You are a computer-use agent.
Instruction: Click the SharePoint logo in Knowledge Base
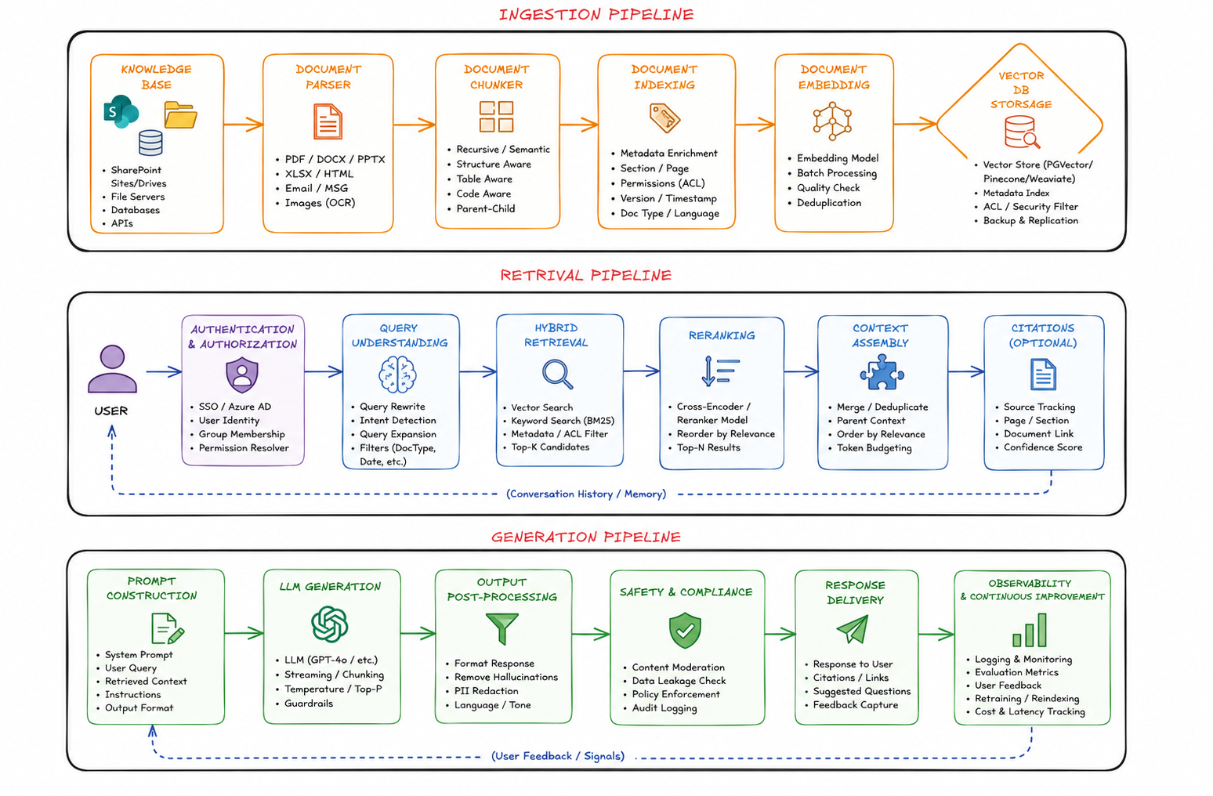(x=121, y=111)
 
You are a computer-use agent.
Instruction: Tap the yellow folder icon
(x=180, y=115)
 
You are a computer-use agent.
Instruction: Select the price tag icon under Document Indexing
(x=664, y=118)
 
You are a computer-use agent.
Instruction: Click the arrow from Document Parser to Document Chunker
(x=415, y=125)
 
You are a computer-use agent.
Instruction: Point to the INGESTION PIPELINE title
(x=596, y=15)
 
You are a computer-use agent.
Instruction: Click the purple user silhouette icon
(x=112, y=369)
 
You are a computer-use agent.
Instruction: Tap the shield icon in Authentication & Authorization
(x=242, y=374)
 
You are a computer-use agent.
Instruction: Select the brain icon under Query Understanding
(x=397, y=374)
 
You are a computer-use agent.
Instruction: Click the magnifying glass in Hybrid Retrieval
(x=557, y=374)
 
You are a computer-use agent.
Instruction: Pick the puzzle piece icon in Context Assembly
(x=882, y=373)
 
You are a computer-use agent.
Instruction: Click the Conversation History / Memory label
(x=586, y=494)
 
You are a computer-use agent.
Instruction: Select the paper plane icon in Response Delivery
(x=853, y=629)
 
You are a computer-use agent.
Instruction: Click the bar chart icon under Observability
(x=1030, y=631)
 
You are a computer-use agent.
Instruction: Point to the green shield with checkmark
(x=685, y=631)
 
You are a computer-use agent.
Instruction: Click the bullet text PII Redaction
(x=487, y=691)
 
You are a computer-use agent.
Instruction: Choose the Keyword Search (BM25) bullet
(x=563, y=421)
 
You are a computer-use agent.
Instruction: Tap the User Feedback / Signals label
(x=558, y=756)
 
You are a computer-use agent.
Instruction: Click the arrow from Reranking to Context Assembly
(x=801, y=371)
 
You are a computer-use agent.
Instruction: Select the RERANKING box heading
(x=722, y=336)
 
